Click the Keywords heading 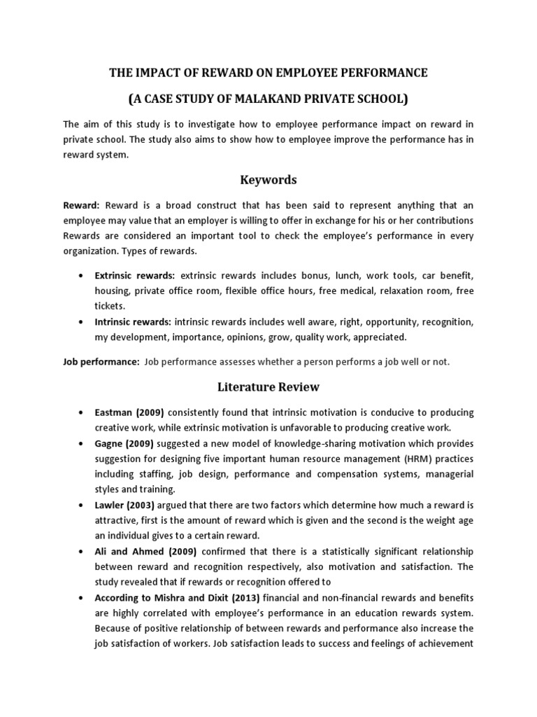pos(268,180)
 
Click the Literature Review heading pos(268,387)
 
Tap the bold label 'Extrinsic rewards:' pos(135,276)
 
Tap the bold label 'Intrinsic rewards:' pos(133,322)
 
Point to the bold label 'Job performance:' pos(101,362)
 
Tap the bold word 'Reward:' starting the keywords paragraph pos(82,205)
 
